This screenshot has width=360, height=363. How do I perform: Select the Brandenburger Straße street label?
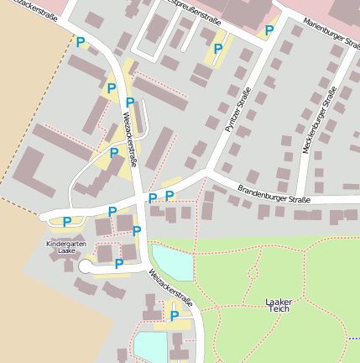coord(274,193)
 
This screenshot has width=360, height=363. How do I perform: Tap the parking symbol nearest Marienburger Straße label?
coord(269,31)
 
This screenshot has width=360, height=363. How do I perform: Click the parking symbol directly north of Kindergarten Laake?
coord(67,222)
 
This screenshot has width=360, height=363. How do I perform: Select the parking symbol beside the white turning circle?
coord(118,264)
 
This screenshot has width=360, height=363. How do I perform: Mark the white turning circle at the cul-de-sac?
coord(85,267)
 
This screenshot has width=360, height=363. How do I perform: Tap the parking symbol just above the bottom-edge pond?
coord(174,316)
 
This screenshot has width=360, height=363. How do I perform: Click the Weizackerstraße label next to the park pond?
coord(170,287)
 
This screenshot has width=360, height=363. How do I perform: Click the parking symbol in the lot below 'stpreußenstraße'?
coord(218,49)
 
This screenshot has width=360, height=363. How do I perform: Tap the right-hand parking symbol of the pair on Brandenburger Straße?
coord(170,196)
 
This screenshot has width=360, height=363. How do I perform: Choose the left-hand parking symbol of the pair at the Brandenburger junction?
coord(152,198)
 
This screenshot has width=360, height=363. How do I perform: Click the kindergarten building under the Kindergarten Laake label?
coord(67,264)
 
